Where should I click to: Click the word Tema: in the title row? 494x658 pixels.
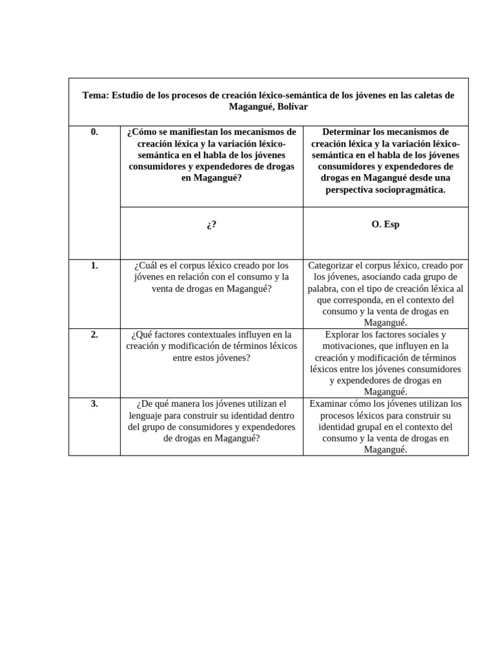click(x=95, y=95)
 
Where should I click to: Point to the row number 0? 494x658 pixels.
click(x=94, y=132)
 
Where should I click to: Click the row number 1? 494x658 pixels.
click(x=94, y=265)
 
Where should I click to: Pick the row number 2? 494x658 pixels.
click(x=94, y=334)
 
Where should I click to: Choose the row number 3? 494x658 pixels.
click(x=94, y=404)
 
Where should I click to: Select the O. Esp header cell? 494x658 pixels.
click(x=386, y=225)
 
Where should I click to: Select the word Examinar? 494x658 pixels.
click(x=333, y=404)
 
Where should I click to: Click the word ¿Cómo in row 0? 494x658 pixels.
click(x=142, y=132)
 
